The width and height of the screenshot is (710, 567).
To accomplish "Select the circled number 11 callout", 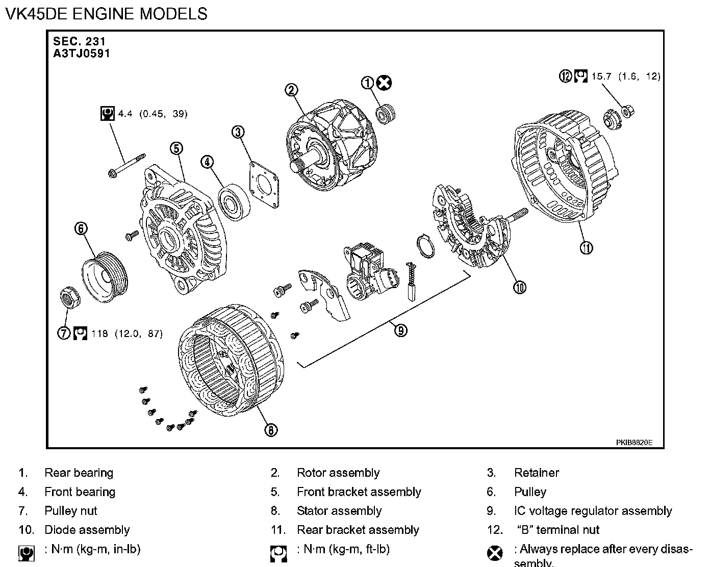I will click(586, 248).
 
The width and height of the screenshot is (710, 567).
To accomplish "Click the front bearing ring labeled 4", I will click(234, 202).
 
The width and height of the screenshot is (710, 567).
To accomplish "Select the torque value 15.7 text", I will click(601, 76).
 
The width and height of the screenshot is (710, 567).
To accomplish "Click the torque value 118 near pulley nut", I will click(99, 334).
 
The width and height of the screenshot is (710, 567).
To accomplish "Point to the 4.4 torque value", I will click(125, 113).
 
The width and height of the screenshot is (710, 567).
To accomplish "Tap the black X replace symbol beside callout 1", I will click(385, 83).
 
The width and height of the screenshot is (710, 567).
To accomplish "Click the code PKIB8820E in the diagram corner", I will click(634, 442).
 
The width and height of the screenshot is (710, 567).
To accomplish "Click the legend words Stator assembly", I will click(339, 511).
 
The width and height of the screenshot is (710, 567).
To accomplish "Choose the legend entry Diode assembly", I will click(87, 530).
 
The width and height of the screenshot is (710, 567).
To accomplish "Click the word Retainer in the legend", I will click(537, 473).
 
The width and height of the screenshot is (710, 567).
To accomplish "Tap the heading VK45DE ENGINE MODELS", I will click(106, 13).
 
